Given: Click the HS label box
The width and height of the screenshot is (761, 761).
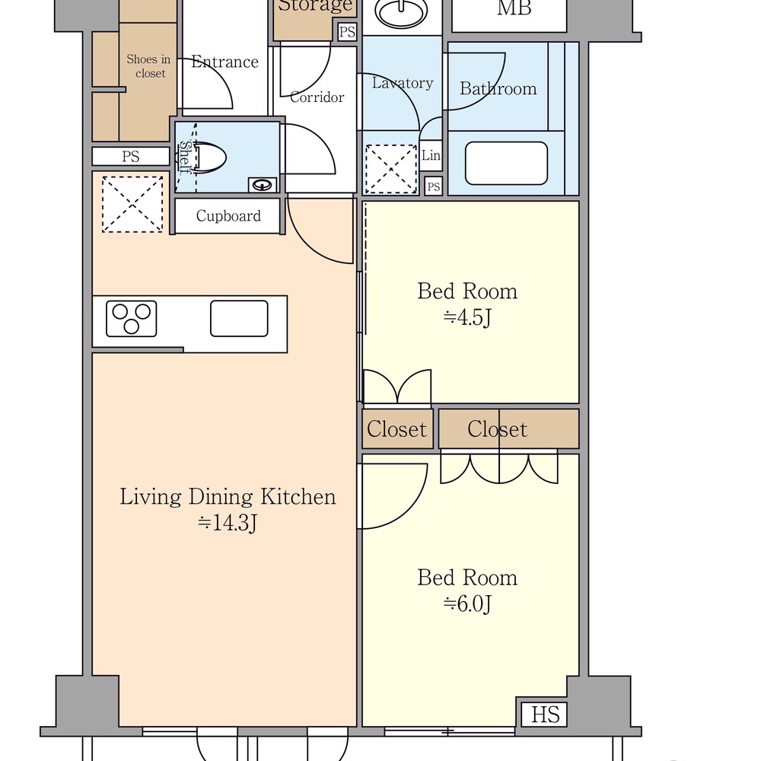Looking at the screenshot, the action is (545, 715).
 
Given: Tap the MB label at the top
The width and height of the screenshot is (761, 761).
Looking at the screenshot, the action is (514, 8).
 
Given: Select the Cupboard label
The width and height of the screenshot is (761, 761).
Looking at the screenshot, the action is (228, 215).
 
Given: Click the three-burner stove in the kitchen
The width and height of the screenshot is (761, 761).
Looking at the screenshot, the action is (131, 319).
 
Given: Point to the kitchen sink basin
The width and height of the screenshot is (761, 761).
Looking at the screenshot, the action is (239, 318).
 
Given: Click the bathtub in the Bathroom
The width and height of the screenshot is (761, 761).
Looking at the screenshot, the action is (506, 163).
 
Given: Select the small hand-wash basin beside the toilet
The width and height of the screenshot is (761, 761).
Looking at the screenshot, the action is (262, 184).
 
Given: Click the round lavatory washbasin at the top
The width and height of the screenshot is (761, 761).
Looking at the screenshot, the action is (402, 11).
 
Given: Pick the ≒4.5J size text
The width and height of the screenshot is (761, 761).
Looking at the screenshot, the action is (467, 318).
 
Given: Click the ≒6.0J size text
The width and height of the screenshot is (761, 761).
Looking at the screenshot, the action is (467, 604).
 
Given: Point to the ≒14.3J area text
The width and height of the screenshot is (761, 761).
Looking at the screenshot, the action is (227, 523).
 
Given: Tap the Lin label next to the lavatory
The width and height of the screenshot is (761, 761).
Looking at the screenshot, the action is (431, 155).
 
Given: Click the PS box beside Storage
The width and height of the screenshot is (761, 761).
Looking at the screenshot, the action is (347, 32).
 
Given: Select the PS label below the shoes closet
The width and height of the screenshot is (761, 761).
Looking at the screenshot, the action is (131, 156).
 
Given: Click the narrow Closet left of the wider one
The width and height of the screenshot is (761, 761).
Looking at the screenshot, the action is (397, 429).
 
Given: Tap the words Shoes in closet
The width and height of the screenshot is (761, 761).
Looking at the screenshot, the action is (148, 66).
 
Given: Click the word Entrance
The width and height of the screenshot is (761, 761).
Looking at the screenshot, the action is (224, 62).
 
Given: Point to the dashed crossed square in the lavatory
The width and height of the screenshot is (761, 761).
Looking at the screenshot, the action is (390, 169).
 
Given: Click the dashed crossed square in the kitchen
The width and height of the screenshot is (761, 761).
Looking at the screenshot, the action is (132, 204).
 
